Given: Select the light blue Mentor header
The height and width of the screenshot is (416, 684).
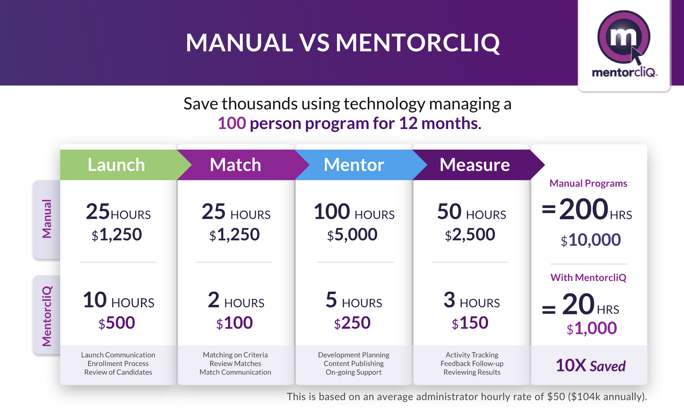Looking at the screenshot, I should [354, 165].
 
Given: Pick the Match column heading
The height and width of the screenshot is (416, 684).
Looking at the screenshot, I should [235, 165].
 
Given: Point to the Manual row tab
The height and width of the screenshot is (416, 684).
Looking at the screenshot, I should [47, 219].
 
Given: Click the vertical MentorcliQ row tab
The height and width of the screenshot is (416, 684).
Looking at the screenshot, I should [47, 316].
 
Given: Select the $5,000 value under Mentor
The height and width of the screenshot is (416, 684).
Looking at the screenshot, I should [352, 235].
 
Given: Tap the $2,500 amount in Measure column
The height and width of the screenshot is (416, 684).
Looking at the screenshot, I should [470, 235].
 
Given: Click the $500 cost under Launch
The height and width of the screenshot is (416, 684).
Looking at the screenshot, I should [117, 323].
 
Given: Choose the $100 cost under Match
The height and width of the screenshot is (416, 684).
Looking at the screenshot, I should [234, 323].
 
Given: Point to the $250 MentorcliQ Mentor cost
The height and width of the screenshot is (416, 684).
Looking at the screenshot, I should [352, 323].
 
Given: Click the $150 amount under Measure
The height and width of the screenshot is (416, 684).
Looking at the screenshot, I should [470, 323].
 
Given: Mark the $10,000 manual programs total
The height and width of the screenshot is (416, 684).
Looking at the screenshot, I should [591, 240].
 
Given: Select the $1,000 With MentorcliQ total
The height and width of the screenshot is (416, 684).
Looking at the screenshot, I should [592, 328].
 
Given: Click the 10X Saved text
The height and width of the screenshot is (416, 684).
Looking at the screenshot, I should [590, 366].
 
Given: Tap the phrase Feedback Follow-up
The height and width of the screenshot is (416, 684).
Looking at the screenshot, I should [472, 364].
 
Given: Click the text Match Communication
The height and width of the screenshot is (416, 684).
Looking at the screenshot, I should [235, 372].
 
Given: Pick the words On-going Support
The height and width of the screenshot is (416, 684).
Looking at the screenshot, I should [353, 372].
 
